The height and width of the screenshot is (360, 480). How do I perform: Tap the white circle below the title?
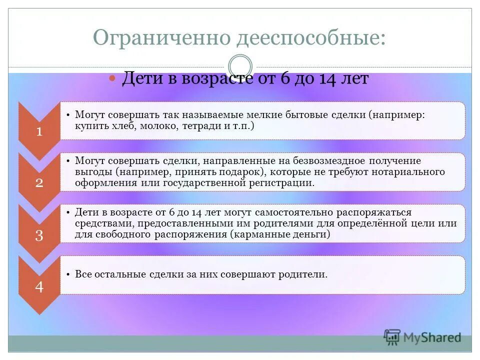coord(240,66)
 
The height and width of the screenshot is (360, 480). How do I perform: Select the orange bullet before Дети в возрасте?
coord(112,79)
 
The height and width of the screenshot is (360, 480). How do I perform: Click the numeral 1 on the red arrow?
coord(39,131)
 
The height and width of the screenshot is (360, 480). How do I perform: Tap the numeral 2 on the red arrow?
coord(39,182)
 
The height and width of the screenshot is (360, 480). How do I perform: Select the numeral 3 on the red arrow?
coord(39,235)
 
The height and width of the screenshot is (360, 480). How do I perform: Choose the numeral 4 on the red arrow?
coord(39,287)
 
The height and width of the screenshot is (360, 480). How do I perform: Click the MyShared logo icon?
coord(392,337)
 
